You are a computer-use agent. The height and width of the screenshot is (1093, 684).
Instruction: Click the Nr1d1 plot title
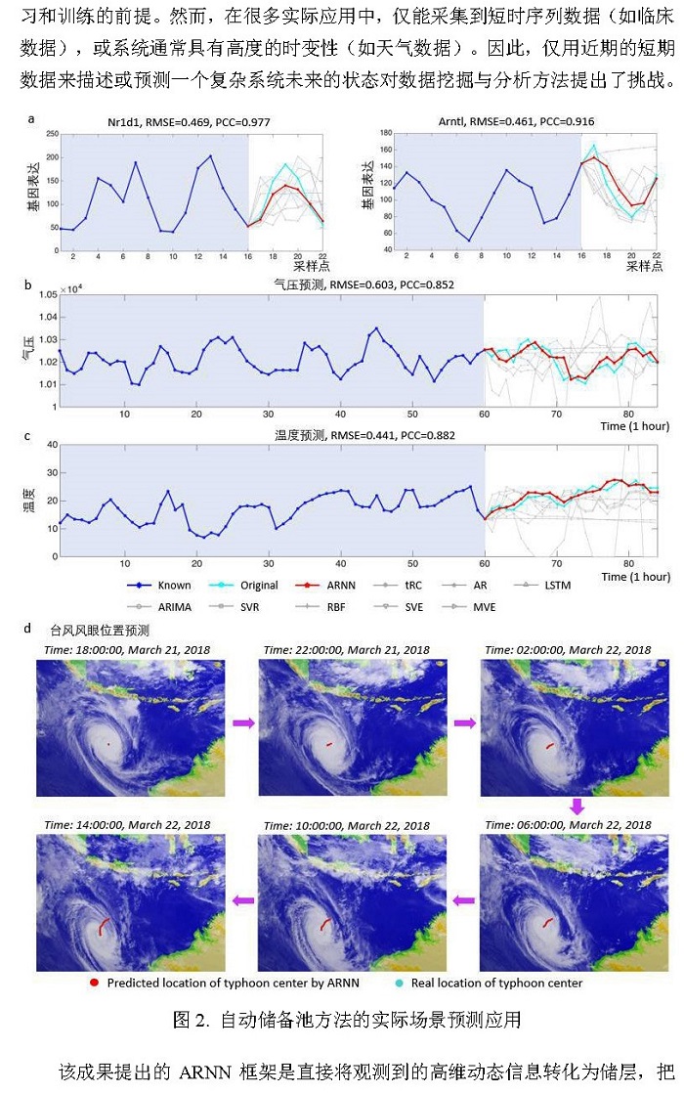pos(153,121)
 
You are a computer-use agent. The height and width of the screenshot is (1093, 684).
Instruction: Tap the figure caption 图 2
pos(346,1021)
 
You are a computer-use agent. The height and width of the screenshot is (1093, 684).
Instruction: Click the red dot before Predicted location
pos(94,984)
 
